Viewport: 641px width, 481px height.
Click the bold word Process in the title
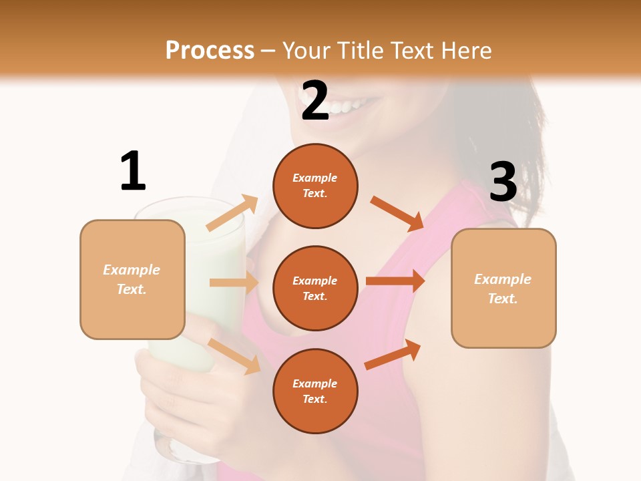pos(210,50)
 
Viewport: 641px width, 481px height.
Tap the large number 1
pos(133,171)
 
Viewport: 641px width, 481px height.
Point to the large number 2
pos(315,101)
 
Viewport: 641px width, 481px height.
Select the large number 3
pos(503,182)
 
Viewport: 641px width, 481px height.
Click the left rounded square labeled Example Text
pos(132,279)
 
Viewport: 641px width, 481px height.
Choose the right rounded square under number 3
pos(503,288)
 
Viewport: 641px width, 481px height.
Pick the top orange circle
pos(315,186)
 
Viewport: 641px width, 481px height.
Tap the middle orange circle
pos(315,288)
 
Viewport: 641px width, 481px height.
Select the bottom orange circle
pos(315,391)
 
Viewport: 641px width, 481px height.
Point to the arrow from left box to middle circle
pos(234,283)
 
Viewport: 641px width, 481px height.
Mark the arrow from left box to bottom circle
pos(234,356)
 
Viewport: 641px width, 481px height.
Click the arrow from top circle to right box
pos(397,213)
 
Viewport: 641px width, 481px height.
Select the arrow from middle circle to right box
pos(395,281)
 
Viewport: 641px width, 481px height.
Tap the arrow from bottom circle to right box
pos(393,354)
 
